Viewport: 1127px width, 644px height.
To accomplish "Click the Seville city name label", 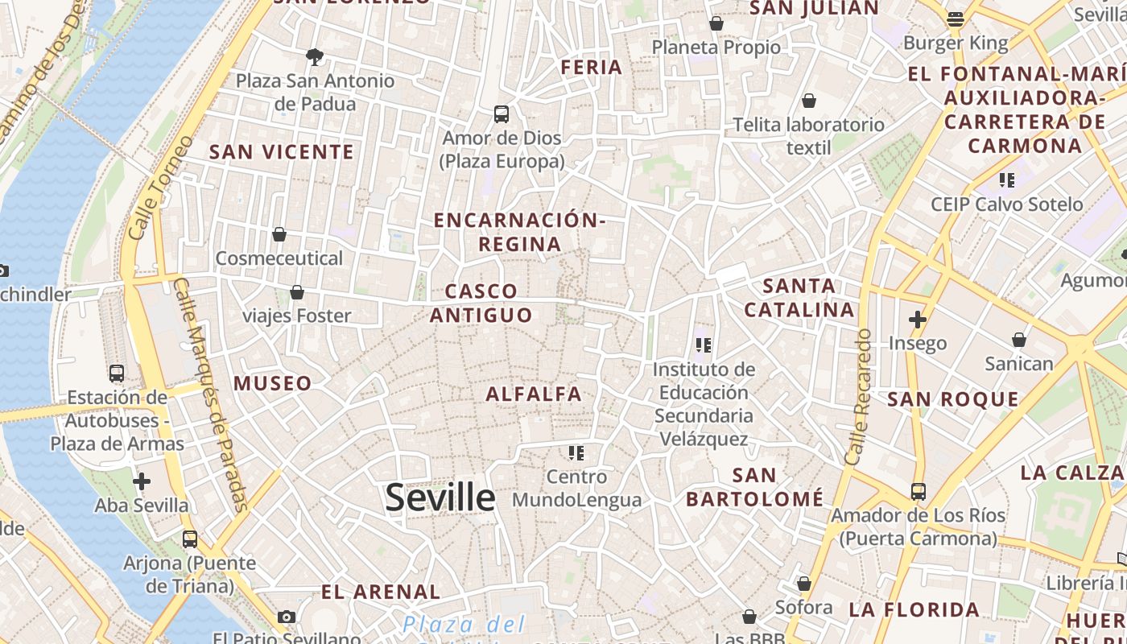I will pos(440,497).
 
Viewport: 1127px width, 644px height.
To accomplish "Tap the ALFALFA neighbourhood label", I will pos(533,394).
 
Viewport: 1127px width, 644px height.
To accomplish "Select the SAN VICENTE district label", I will pos(282,151).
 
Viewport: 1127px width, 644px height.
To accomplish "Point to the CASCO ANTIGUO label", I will pos(481,303).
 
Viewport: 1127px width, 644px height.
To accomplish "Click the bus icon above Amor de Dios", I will pos(502,114).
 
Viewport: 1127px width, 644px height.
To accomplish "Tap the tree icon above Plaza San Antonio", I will pos(315,56).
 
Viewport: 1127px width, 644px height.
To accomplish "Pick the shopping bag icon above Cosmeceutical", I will pos(279,234).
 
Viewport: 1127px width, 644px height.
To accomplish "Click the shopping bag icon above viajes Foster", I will pos(297,292).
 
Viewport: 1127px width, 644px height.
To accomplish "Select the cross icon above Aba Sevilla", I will pos(142,481).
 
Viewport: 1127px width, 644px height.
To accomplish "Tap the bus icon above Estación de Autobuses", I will pos(117,374).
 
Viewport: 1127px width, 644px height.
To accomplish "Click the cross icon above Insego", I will pos(917,320).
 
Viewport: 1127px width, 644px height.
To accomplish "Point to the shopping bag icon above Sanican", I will pos(1019,340).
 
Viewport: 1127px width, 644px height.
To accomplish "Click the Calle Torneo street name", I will pos(161,187).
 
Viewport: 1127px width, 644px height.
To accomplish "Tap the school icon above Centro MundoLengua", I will pos(576,452).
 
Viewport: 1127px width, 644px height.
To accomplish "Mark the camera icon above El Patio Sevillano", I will pos(286,617).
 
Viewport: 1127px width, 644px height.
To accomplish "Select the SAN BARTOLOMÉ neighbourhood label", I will pos(754,487).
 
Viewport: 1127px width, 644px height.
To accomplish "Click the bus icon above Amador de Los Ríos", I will pos(918,491).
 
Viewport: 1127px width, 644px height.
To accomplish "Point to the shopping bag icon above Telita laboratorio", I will pos(809,101).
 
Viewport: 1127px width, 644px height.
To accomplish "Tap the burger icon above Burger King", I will pos(956,19).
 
